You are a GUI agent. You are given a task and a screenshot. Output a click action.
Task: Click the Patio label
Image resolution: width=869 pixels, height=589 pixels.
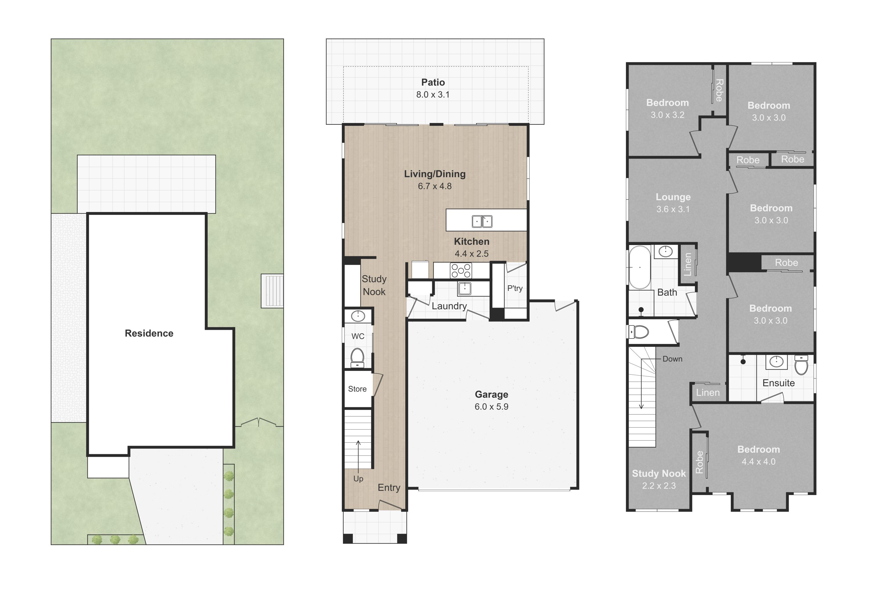tap(433, 82)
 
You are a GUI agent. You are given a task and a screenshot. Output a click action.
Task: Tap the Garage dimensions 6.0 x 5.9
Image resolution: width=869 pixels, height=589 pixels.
tap(491, 407)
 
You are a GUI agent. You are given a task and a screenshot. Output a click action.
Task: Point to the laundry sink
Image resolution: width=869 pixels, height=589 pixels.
tap(464, 289)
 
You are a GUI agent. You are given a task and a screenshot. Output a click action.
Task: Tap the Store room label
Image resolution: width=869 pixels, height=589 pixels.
tap(357, 389)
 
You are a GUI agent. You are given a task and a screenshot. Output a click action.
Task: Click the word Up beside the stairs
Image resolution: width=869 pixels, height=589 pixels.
tap(358, 479)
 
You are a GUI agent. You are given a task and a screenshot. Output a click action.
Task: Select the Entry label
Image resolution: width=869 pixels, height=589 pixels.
tap(389, 487)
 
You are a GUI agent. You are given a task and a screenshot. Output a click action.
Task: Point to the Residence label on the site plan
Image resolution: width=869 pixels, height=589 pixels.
tap(149, 333)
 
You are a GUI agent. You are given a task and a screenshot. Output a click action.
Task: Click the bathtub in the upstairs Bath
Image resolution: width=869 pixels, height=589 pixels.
tap(640, 267)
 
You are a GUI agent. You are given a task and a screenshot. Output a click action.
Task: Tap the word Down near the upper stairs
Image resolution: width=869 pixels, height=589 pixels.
tap(672, 359)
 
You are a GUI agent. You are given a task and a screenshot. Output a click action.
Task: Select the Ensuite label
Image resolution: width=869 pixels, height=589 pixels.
tap(779, 383)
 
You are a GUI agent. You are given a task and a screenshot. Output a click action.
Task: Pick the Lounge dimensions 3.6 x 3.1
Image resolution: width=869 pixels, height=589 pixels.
tap(673, 209)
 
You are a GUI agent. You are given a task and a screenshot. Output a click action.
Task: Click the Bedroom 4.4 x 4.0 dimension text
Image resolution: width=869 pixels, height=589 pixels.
tap(759, 462)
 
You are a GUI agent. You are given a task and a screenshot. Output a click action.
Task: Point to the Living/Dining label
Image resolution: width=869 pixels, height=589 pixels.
tap(435, 174)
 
